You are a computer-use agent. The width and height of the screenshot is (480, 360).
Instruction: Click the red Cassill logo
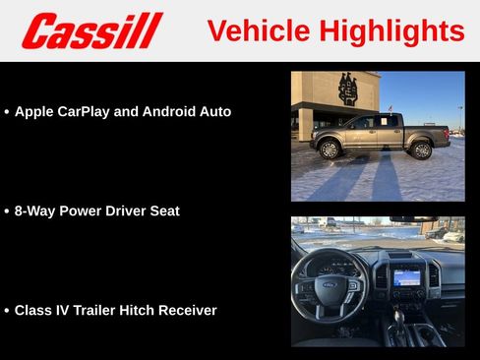(91, 30)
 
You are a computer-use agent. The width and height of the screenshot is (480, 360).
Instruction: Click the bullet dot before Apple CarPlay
(7, 112)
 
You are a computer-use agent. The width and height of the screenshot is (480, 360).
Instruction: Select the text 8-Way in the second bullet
(34, 211)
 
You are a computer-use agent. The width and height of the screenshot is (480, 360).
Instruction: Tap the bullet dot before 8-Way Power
(7, 211)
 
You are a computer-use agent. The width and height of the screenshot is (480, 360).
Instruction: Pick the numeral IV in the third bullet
(64, 311)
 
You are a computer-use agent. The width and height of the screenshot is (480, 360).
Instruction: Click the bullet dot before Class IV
(7, 311)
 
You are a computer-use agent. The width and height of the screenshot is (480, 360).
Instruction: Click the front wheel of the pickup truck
(330, 150)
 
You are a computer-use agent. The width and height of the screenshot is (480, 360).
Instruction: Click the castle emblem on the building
(348, 89)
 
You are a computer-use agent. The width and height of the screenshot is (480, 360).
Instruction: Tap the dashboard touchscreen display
(406, 278)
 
